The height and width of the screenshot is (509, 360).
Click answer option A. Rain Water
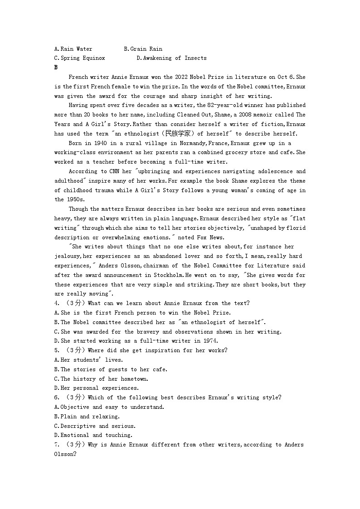(x=73, y=49)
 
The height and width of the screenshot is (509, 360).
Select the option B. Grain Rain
(x=143, y=49)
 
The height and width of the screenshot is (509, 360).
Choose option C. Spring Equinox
(x=79, y=58)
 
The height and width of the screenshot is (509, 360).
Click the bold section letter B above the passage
(x=56, y=68)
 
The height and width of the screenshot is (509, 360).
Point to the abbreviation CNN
(x=114, y=171)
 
